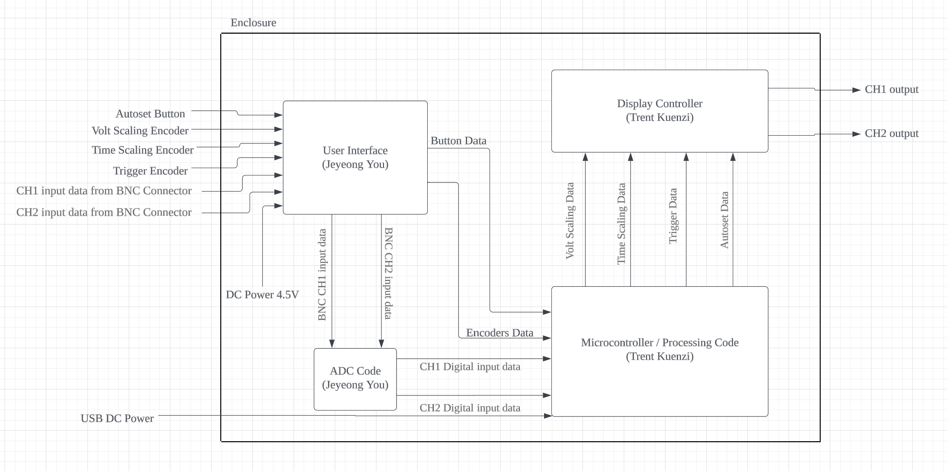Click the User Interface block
(x=355, y=157)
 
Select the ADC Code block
(x=355, y=378)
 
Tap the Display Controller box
(x=659, y=110)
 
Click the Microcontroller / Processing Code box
(x=659, y=350)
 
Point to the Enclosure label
(x=253, y=23)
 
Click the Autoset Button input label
(x=150, y=114)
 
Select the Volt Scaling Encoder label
(x=140, y=131)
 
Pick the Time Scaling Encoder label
(x=142, y=150)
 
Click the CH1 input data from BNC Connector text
(x=104, y=191)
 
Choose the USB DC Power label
(x=117, y=419)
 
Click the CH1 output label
(x=891, y=90)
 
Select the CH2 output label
(x=891, y=134)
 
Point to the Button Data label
(x=458, y=141)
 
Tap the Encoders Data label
(x=500, y=333)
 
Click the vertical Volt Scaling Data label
(x=570, y=221)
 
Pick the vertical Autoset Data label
(x=724, y=220)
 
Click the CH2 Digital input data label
(x=470, y=408)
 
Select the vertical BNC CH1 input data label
(x=322, y=275)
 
